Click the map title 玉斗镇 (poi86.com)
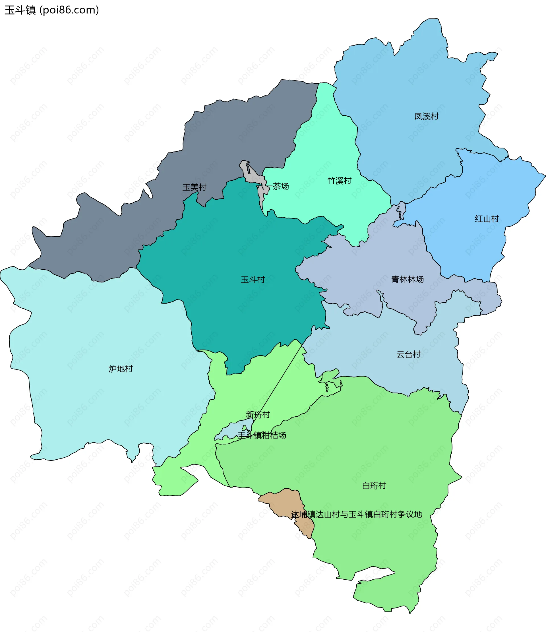(x=52, y=10)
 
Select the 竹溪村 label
(x=339, y=181)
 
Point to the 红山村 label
(x=487, y=219)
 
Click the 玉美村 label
(x=194, y=187)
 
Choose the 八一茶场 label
(x=272, y=186)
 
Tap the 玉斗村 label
(x=253, y=279)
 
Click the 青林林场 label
(x=407, y=279)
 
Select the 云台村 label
(x=408, y=354)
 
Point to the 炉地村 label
(x=121, y=369)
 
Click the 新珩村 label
(x=258, y=414)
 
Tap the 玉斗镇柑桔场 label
(x=262, y=435)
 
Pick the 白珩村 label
(x=374, y=485)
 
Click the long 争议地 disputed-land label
(x=356, y=514)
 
